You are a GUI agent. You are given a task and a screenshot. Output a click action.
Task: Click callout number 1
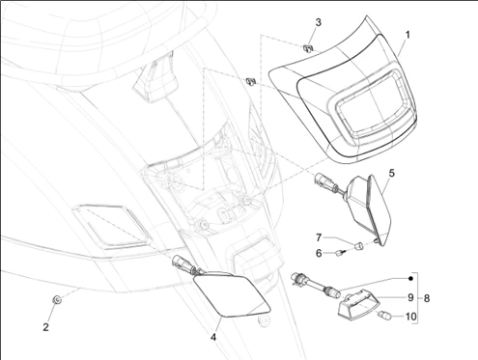[408, 35]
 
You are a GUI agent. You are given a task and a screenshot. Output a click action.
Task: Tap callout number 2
[46, 327]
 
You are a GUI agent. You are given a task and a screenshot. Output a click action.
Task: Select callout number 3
[318, 22]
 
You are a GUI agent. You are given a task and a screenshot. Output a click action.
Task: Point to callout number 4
[213, 338]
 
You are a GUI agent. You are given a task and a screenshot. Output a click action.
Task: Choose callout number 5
[391, 173]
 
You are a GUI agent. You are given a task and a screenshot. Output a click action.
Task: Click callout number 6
[319, 254]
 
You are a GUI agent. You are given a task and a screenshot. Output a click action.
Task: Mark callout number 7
[319, 237]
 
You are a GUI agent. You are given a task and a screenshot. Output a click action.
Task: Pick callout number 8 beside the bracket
[427, 298]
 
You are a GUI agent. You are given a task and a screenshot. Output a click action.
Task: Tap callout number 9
[410, 297]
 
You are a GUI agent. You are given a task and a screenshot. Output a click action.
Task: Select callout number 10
[410, 317]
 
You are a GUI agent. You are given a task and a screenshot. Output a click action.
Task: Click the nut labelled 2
[57, 300]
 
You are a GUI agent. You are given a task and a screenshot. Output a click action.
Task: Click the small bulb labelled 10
[385, 315]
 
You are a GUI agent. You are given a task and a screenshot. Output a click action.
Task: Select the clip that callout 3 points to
[308, 48]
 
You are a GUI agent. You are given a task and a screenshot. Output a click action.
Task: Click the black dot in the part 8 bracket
[410, 279]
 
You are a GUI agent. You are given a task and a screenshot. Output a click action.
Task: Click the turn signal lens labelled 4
[231, 295]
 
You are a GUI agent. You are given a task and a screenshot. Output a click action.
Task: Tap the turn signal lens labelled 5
[371, 209]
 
